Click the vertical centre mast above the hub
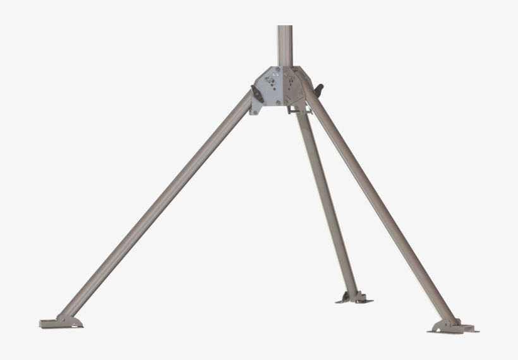(x=285, y=44)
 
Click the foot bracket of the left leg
(x=61, y=321)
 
